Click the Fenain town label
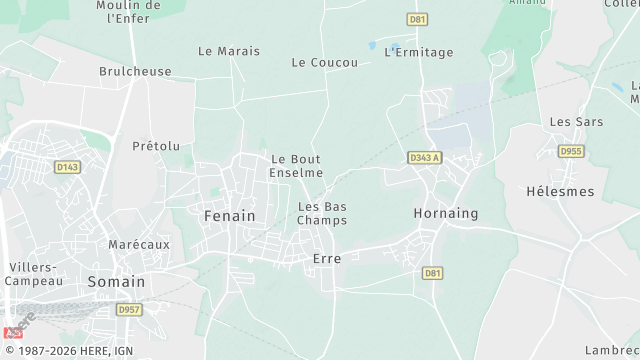click(229, 215)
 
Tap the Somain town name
click(116, 282)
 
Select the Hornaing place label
click(446, 213)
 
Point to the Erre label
click(327, 258)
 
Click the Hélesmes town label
click(560, 191)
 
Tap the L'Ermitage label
click(419, 52)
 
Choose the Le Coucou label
click(325, 62)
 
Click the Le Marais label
click(229, 51)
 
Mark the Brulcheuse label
click(135, 72)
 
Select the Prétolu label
click(156, 146)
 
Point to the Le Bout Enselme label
click(297, 165)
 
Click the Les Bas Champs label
click(323, 213)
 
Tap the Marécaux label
click(139, 244)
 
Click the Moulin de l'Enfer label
click(128, 12)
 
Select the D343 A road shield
click(425, 158)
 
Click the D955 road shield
click(571, 152)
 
